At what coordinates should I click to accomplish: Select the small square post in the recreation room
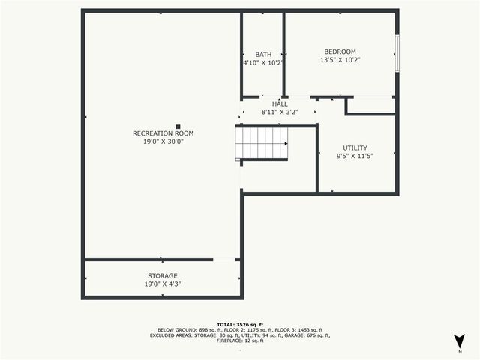click(178, 127)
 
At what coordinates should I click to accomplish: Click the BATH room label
click(263, 55)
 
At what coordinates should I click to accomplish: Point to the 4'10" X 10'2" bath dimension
click(262, 63)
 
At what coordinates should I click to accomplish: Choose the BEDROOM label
click(340, 52)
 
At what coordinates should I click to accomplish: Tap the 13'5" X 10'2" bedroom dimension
click(340, 60)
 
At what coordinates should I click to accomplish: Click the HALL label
click(280, 103)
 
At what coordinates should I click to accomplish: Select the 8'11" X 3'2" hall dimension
click(280, 112)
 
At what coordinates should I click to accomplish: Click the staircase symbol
click(262, 142)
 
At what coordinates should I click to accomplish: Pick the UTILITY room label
click(355, 148)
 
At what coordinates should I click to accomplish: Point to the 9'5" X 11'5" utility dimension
click(355, 156)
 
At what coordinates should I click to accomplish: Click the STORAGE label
click(162, 276)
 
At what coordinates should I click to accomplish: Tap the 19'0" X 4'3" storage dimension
click(162, 284)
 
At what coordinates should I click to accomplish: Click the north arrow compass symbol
click(459, 340)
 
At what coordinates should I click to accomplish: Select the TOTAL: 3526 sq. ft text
click(240, 323)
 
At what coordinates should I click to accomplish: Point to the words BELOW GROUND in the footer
click(176, 329)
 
